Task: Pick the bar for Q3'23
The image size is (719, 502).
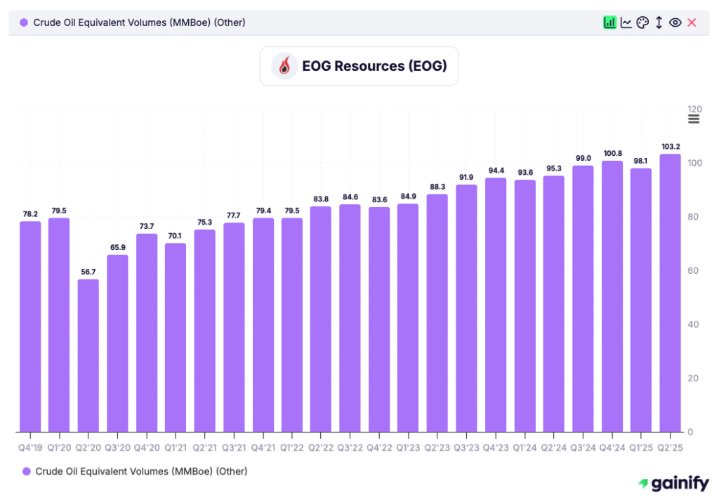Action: click(466, 308)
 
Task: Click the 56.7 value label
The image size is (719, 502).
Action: click(88, 272)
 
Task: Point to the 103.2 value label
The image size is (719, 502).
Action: click(670, 147)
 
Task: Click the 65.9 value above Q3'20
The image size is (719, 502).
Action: click(117, 247)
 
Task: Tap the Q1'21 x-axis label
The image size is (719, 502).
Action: click(176, 447)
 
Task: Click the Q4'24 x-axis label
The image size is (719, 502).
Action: click(612, 447)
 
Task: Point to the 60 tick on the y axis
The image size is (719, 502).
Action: click(694, 271)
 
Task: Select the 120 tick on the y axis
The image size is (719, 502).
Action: click(694, 109)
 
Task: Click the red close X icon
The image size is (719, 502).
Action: click(692, 22)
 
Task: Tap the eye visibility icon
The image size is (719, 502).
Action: click(675, 22)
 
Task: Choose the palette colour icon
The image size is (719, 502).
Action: click(642, 22)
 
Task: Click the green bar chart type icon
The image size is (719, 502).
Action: click(609, 22)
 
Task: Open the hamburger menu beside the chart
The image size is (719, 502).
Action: click(694, 119)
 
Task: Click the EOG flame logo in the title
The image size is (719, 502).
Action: click(285, 66)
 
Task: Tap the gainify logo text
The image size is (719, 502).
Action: click(674, 484)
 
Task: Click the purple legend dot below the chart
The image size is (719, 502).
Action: click(27, 471)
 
